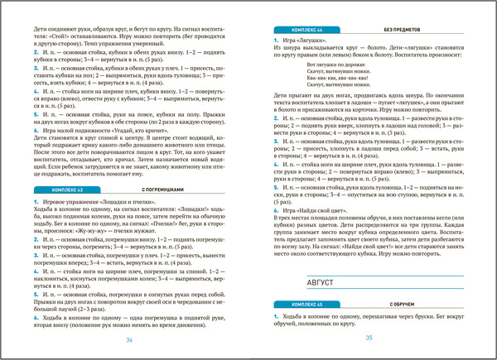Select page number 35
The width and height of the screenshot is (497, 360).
pos(369,337)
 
